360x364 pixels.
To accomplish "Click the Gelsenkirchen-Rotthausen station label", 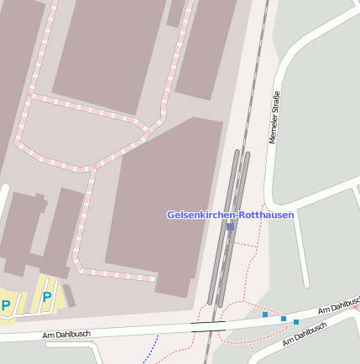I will [230, 215].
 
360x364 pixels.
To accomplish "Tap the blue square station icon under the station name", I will [230, 226].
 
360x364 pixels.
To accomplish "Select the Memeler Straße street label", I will [274, 117].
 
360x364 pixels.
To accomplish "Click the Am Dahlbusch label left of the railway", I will [66, 335].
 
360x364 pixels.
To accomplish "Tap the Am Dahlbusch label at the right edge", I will [339, 306].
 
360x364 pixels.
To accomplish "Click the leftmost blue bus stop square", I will [265, 315].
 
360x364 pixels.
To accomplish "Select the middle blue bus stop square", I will [284, 319].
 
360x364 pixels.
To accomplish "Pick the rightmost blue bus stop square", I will [296, 322].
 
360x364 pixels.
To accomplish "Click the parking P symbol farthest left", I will [6, 305].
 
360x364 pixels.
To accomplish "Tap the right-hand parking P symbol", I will [47, 297].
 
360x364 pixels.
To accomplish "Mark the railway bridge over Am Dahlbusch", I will [208, 325].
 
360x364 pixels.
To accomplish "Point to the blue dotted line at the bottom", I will [151, 349].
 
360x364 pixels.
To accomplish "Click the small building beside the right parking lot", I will [69, 296].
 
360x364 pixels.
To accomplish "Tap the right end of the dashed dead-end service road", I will [154, 278].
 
